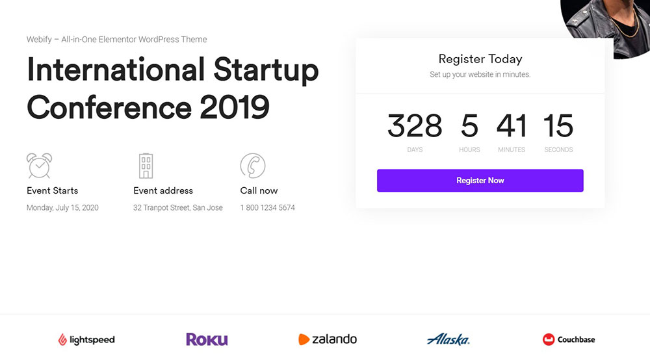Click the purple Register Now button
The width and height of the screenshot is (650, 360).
pyautogui.click(x=480, y=181)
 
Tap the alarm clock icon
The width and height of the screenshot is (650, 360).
pyautogui.click(x=40, y=165)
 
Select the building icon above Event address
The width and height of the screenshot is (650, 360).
pyautogui.click(x=146, y=166)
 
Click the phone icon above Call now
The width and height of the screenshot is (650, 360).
pyautogui.click(x=253, y=166)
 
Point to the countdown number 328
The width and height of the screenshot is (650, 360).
pyautogui.click(x=415, y=125)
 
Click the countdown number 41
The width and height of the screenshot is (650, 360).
pyautogui.click(x=512, y=125)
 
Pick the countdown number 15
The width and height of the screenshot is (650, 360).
pyautogui.click(x=558, y=125)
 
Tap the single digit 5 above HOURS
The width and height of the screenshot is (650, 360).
pyautogui.click(x=469, y=125)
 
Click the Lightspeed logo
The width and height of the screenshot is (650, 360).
pyautogui.click(x=86, y=340)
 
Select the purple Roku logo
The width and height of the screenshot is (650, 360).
pyautogui.click(x=207, y=339)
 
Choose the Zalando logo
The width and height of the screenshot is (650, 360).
pyautogui.click(x=328, y=339)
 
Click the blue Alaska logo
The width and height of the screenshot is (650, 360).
pyautogui.click(x=448, y=339)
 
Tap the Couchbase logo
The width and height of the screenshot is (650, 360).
pyautogui.click(x=569, y=339)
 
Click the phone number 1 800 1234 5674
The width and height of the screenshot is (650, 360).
pyautogui.click(x=267, y=207)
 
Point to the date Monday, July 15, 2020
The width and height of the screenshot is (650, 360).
pyautogui.click(x=62, y=207)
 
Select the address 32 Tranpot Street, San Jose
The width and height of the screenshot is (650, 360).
pyautogui.click(x=178, y=207)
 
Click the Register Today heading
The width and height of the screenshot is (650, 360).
pyautogui.click(x=480, y=59)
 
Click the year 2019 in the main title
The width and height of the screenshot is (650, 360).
pyautogui.click(x=235, y=107)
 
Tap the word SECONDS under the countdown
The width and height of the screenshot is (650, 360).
pyautogui.click(x=558, y=149)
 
